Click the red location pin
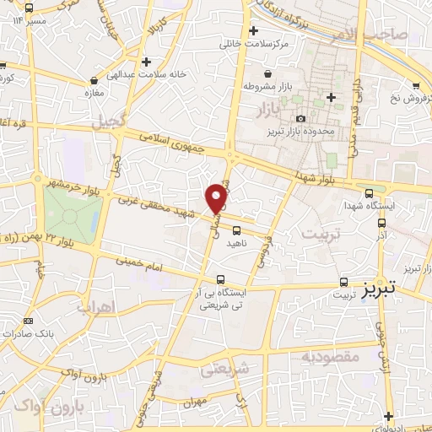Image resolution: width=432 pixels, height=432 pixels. (217, 197)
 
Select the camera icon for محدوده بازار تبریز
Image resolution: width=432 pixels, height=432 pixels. (302, 118)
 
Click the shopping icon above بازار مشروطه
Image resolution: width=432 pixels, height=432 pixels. (268, 73)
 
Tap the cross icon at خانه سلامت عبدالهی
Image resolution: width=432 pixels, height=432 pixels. (148, 61)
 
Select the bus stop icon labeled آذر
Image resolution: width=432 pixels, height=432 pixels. (381, 224)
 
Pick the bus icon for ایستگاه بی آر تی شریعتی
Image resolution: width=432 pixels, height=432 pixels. (221, 279)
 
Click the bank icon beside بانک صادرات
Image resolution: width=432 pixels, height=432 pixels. (28, 321)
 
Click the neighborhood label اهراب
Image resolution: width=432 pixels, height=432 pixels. (94, 308)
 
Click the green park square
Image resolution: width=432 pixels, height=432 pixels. (72, 211)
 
